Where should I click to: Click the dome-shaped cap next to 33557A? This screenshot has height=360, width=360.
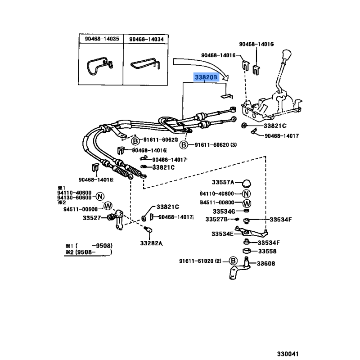247,183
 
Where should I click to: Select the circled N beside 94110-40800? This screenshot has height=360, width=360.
247,194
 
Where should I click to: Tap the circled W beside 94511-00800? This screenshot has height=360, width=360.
247,203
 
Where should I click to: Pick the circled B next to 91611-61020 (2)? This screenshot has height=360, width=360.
233,261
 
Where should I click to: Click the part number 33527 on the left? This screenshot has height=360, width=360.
92,218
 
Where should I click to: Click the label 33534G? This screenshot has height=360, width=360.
224,211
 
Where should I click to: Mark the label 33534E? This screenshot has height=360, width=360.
222,234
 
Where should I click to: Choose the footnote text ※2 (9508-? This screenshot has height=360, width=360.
88,253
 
